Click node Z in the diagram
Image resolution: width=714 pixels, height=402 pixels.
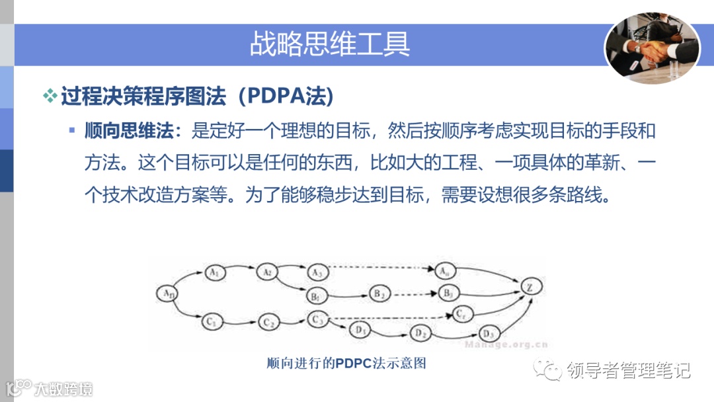click(530, 287)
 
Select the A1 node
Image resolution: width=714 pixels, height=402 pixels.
click(213, 272)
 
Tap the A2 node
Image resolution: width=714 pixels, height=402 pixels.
click(266, 272)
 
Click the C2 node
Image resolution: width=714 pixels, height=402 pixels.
click(268, 323)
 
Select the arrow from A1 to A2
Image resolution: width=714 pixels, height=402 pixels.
click(240, 270)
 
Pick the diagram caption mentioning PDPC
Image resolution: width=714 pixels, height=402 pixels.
click(346, 363)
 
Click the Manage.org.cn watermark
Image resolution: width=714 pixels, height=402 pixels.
click(506, 344)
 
